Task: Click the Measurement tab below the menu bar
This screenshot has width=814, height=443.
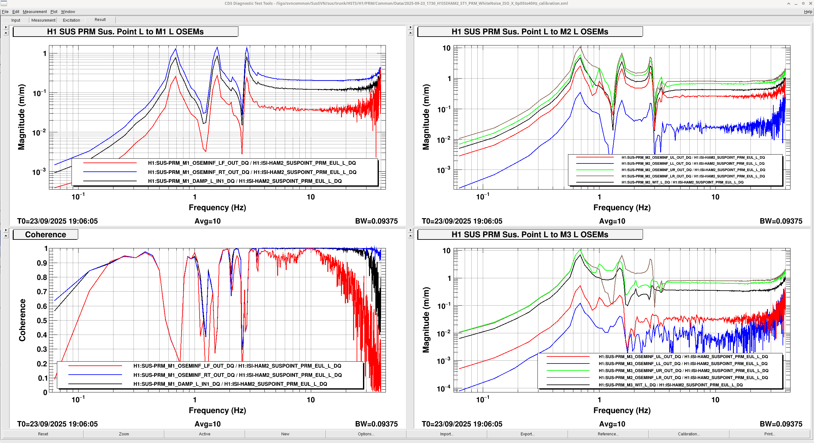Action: click(43, 20)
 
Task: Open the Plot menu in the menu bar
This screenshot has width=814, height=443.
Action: click(54, 12)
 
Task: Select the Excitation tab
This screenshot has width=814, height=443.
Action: click(72, 20)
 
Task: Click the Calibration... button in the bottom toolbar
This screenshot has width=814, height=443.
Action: click(688, 434)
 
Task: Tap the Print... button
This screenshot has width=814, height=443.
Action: click(770, 434)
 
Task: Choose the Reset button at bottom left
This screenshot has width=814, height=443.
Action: click(43, 434)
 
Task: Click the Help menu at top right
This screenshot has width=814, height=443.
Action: click(808, 12)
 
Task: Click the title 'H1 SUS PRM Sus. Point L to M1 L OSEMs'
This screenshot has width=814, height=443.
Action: click(125, 32)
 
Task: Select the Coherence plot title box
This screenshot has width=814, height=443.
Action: click(45, 235)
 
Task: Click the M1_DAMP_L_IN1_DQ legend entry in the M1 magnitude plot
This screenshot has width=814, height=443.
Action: click(245, 181)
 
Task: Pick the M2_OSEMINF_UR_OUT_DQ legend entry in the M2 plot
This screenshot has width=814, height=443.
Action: click(693, 170)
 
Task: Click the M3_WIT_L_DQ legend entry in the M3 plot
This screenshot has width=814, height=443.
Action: click(671, 385)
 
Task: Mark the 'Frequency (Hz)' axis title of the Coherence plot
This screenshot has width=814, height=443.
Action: click(217, 411)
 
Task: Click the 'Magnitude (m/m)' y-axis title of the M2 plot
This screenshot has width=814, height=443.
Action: click(426, 117)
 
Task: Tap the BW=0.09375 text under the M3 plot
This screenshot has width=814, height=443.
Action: click(781, 424)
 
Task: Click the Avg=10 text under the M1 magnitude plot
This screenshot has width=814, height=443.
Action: click(208, 221)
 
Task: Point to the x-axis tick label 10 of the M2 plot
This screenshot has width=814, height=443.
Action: click(715, 197)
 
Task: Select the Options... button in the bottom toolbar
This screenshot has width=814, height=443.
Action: click(366, 434)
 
